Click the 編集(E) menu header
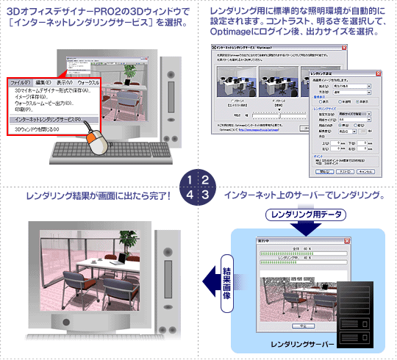pyautogui.click(x=43, y=83)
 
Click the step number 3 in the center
pyautogui.click(x=206, y=195)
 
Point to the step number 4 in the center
pyautogui.click(x=191, y=195)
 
